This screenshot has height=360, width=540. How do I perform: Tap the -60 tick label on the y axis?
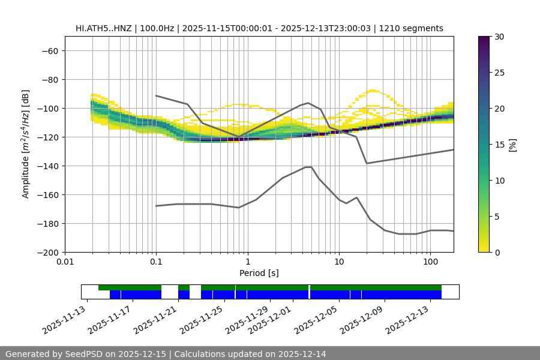pyautogui.click(x=49, y=50)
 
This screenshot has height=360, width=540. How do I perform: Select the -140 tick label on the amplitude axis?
pyautogui.click(x=47, y=166)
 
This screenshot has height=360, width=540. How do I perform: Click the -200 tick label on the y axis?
pyautogui.click(x=47, y=252)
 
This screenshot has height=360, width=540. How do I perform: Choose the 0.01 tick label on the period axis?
pyautogui.click(x=65, y=262)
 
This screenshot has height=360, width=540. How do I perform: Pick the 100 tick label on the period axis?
pyautogui.click(x=430, y=262)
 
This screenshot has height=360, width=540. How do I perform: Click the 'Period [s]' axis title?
pyautogui.click(x=259, y=273)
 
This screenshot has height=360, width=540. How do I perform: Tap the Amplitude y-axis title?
pyautogui.click(x=26, y=144)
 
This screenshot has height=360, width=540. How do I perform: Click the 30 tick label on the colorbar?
pyautogui.click(x=498, y=37)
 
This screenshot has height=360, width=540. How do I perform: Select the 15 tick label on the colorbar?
pyautogui.click(x=498, y=145)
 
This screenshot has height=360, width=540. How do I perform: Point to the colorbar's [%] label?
pyautogui.click(x=512, y=145)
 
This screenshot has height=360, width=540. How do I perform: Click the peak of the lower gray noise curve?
pyautogui.click(x=308, y=167)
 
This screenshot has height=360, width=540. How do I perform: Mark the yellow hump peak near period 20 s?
pyautogui.click(x=373, y=90)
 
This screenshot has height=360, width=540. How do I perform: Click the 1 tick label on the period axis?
pyautogui.click(x=247, y=262)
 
